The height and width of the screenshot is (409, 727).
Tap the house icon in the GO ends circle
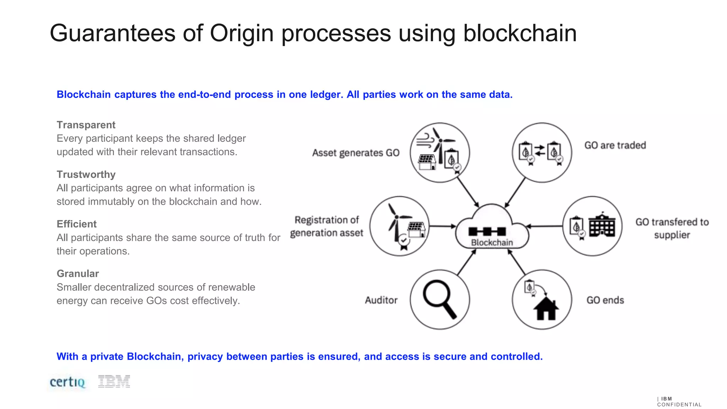[546, 309]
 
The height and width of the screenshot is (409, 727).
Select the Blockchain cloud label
[492, 242]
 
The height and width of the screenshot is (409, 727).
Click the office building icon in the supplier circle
[602, 224]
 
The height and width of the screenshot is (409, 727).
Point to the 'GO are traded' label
[615, 145]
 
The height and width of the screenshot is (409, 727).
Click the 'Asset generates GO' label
[356, 153]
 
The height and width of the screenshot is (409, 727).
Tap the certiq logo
[67, 382]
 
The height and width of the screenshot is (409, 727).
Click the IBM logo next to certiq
[114, 381]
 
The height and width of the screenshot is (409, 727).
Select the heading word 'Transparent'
[86, 125]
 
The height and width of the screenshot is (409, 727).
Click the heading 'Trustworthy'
[86, 174]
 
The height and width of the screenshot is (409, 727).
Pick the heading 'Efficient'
[76, 224]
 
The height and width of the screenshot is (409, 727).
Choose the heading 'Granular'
[78, 273]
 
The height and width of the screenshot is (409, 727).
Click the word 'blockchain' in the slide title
[520, 33]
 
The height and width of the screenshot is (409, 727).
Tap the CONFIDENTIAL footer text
[679, 404]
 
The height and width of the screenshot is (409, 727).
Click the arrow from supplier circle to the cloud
[545, 226]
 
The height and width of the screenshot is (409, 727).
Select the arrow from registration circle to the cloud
[442, 226]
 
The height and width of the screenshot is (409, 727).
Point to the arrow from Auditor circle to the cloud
[466, 263]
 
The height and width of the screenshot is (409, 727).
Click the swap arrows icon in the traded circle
[540, 150]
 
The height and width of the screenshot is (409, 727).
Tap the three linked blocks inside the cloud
[487, 231]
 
